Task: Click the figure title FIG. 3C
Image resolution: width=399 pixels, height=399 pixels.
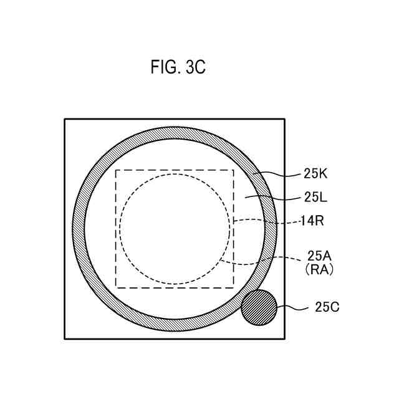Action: (x=178, y=67)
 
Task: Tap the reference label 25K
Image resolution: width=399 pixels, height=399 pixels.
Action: (x=315, y=174)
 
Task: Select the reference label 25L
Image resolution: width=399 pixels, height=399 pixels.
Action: (x=315, y=197)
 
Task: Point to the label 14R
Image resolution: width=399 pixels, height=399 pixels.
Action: (x=312, y=221)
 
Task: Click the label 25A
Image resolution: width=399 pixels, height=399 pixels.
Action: (x=319, y=256)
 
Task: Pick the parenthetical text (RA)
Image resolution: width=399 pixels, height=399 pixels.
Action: (x=319, y=270)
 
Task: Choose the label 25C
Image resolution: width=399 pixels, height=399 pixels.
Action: (x=327, y=307)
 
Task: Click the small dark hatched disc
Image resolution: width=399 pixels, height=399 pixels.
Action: (x=259, y=307)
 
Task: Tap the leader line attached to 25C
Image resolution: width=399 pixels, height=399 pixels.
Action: (x=292, y=309)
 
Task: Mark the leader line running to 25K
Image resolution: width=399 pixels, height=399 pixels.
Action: (x=277, y=175)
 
